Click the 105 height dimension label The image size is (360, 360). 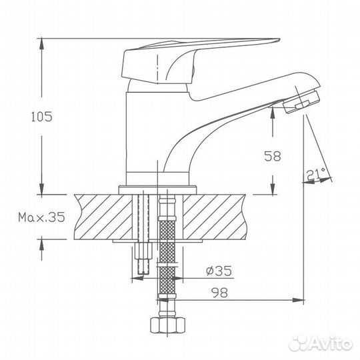tap(41, 116)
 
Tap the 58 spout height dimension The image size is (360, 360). tap(272, 157)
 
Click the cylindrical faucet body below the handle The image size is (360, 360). tap(143, 133)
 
